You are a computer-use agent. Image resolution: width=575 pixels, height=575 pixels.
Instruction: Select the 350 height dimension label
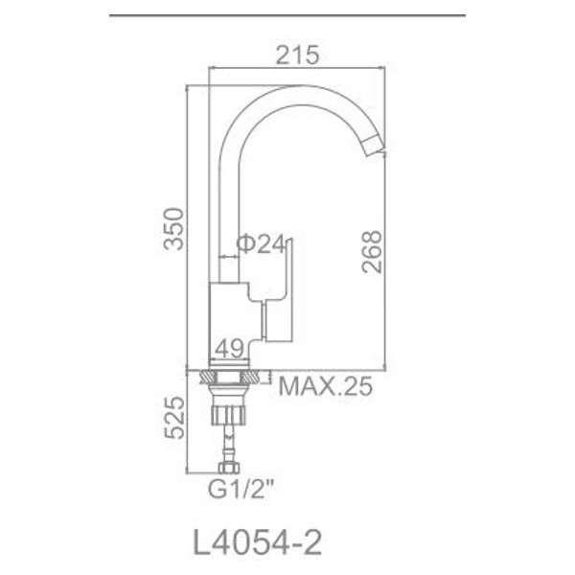click(x=172, y=229)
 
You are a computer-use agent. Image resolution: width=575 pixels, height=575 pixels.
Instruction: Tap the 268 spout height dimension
click(x=373, y=252)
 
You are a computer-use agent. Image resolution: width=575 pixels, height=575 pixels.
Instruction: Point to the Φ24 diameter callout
click(x=261, y=245)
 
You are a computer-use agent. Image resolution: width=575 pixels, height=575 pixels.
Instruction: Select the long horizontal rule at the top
click(x=287, y=16)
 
